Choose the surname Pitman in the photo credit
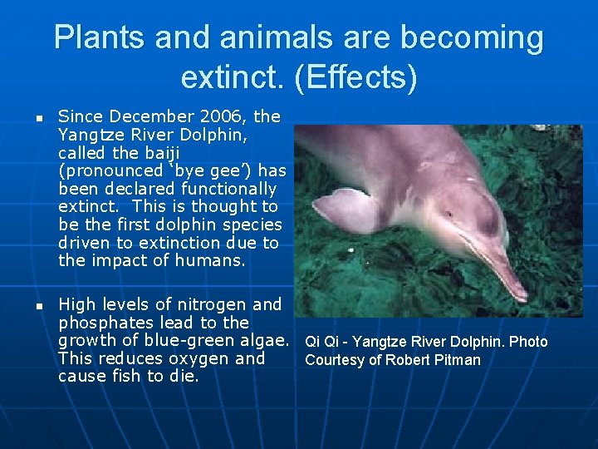(458, 360)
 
